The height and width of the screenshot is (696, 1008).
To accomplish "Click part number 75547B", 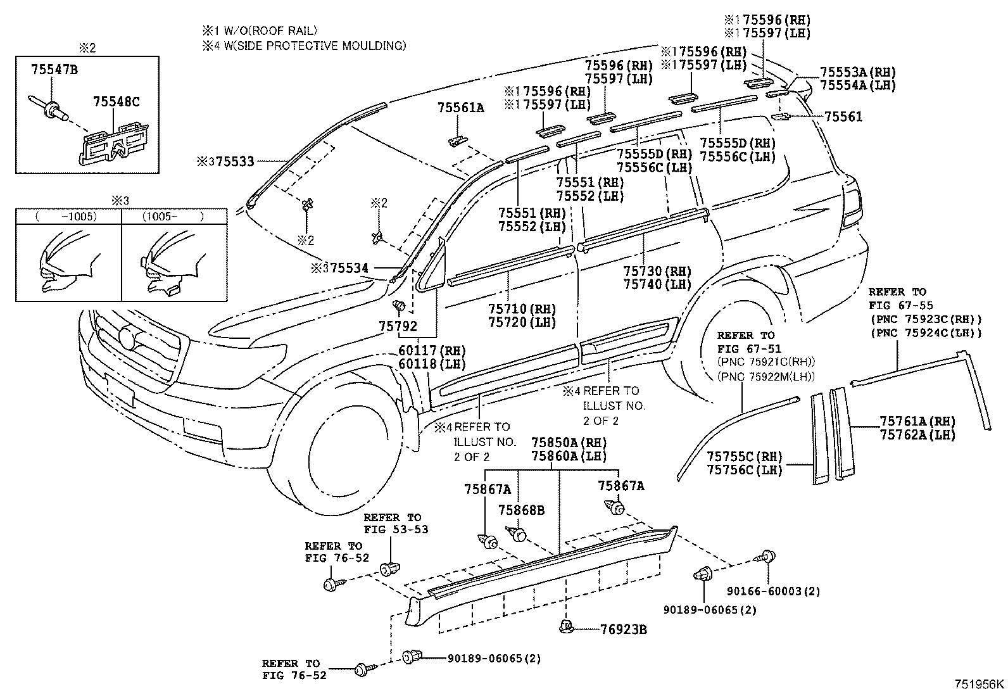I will (54, 70).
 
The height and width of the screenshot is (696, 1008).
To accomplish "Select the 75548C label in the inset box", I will (116, 101).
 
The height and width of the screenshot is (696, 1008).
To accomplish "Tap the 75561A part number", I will (460, 108).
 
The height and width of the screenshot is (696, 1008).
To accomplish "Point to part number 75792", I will (398, 327).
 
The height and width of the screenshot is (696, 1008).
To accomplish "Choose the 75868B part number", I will (521, 510).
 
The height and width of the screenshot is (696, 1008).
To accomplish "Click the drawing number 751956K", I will (980, 684).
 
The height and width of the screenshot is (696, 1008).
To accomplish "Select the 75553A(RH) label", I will (858, 72).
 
